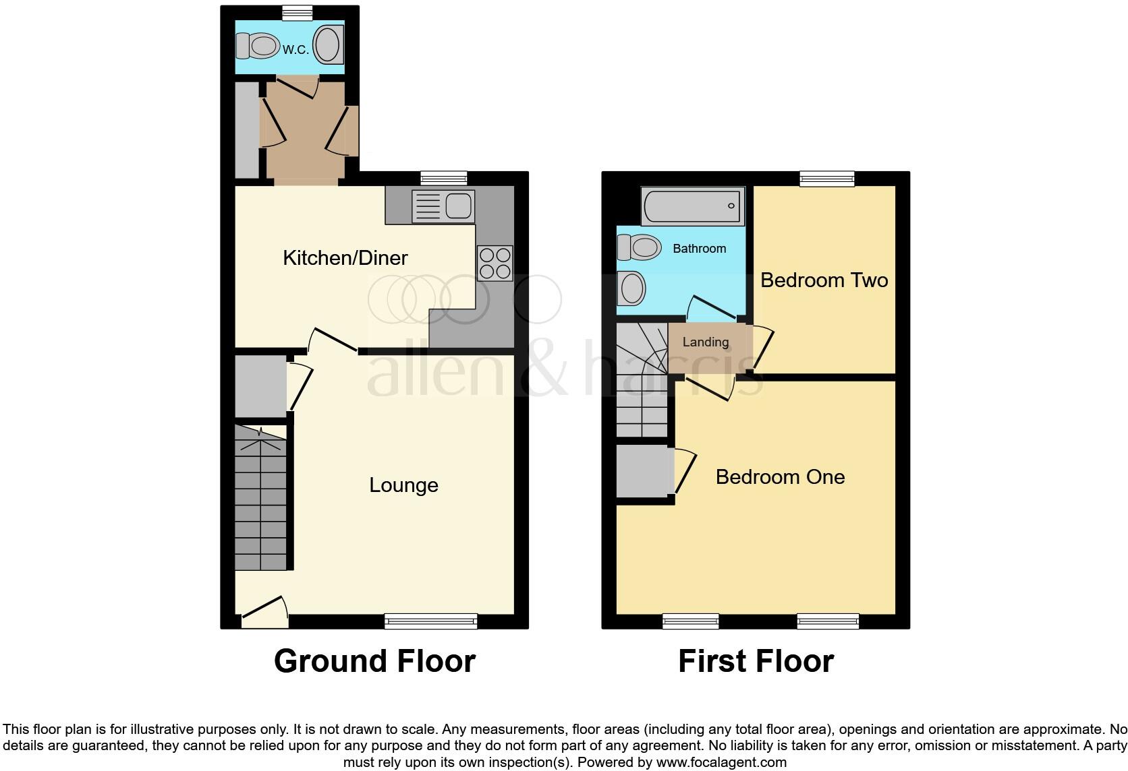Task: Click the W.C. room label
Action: pos(295,49)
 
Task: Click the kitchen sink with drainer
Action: pos(443,206)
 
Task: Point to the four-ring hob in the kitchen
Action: pos(495,263)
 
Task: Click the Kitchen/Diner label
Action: pos(345,257)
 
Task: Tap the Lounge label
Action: pos(403,485)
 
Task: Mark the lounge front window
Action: pos(430,621)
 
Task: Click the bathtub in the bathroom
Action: pos(693,206)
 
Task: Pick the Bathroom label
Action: pos(700,249)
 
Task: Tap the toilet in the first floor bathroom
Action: pos(638,247)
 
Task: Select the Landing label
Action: pos(706,342)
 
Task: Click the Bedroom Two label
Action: pos(824,280)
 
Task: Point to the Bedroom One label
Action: pos(780,477)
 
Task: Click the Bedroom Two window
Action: pos(827,179)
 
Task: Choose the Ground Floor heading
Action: pos(374,661)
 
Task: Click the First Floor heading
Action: pos(756,661)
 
